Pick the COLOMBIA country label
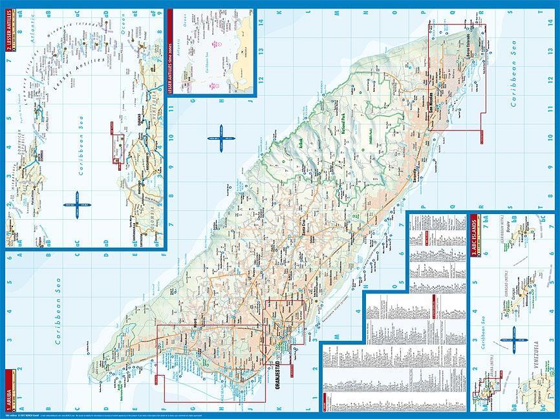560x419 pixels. point(154,216)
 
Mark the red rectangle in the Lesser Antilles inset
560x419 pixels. point(118,148)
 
